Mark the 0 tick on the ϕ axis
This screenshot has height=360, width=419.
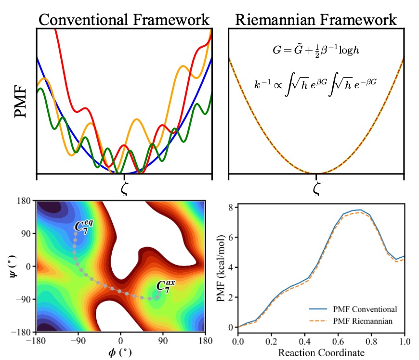pyautogui.click(x=121, y=339)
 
